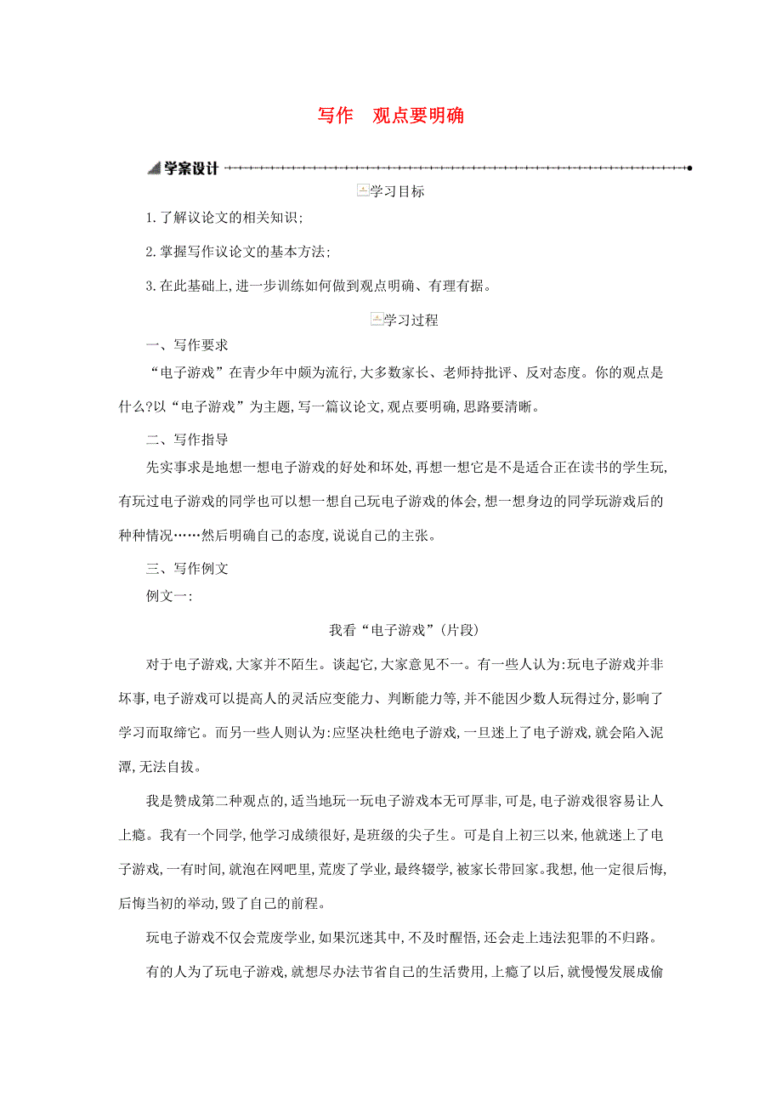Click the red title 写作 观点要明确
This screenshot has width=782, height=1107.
[391, 116]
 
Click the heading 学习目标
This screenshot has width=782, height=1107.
[397, 192]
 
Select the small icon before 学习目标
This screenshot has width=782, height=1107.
[363, 191]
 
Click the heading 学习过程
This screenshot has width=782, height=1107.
[411, 321]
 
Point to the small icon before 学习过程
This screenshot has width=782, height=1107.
[377, 320]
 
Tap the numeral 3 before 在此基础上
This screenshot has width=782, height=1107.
[150, 286]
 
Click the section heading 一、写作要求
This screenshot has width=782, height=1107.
[186, 346]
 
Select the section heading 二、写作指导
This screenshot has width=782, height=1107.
[186, 440]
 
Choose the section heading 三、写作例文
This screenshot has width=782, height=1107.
[186, 570]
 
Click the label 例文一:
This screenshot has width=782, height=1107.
[169, 596]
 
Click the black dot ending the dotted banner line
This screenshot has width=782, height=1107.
[689, 168]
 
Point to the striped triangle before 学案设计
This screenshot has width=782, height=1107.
[154, 168]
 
